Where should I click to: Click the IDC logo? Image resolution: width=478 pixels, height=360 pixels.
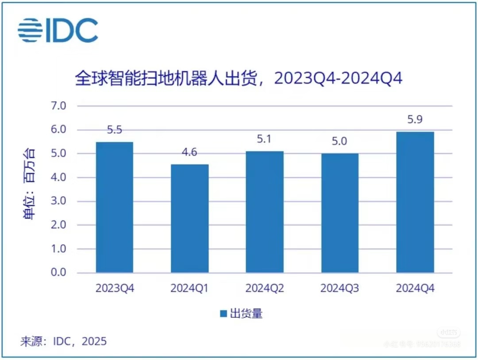click(58, 30)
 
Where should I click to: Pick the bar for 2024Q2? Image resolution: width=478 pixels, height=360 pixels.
click(265, 212)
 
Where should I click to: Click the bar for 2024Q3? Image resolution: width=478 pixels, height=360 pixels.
click(340, 213)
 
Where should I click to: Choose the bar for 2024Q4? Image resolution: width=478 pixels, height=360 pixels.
click(415, 202)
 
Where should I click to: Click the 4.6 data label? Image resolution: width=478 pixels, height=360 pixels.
click(189, 153)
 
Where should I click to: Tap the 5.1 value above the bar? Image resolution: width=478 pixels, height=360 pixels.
click(265, 140)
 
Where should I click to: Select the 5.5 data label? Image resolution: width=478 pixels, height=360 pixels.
click(114, 130)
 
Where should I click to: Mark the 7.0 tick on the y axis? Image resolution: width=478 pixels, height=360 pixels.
click(58, 106)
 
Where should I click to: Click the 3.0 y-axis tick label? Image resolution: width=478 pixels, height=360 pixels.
click(58, 201)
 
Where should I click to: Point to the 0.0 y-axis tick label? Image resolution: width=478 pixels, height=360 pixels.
click(58, 272)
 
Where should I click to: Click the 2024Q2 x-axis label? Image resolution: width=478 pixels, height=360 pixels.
click(265, 289)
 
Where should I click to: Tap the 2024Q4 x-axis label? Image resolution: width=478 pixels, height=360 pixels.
click(415, 289)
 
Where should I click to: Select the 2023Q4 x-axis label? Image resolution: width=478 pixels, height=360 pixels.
click(114, 289)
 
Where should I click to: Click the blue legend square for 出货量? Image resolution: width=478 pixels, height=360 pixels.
click(224, 314)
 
